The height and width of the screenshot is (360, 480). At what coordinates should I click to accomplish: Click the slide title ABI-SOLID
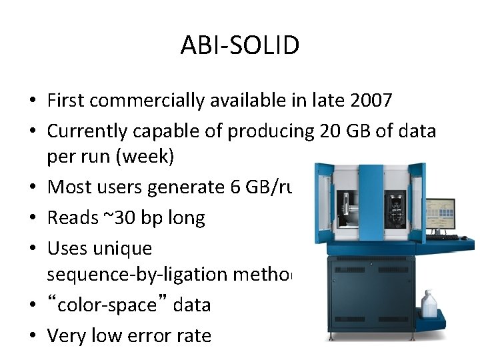click(240, 46)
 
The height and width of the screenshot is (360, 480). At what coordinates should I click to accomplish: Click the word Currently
click(89, 131)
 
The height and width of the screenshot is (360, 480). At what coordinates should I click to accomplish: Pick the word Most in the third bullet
click(67, 187)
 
